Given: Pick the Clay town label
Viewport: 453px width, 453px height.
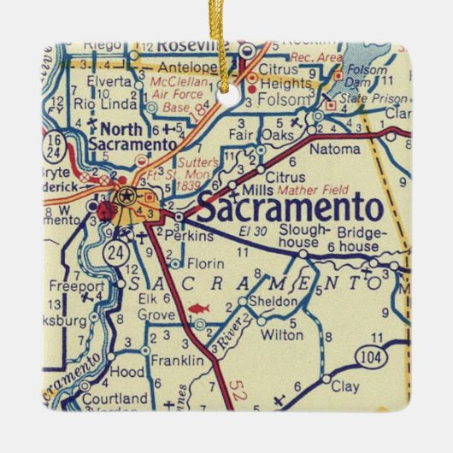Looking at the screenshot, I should click(x=344, y=387).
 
